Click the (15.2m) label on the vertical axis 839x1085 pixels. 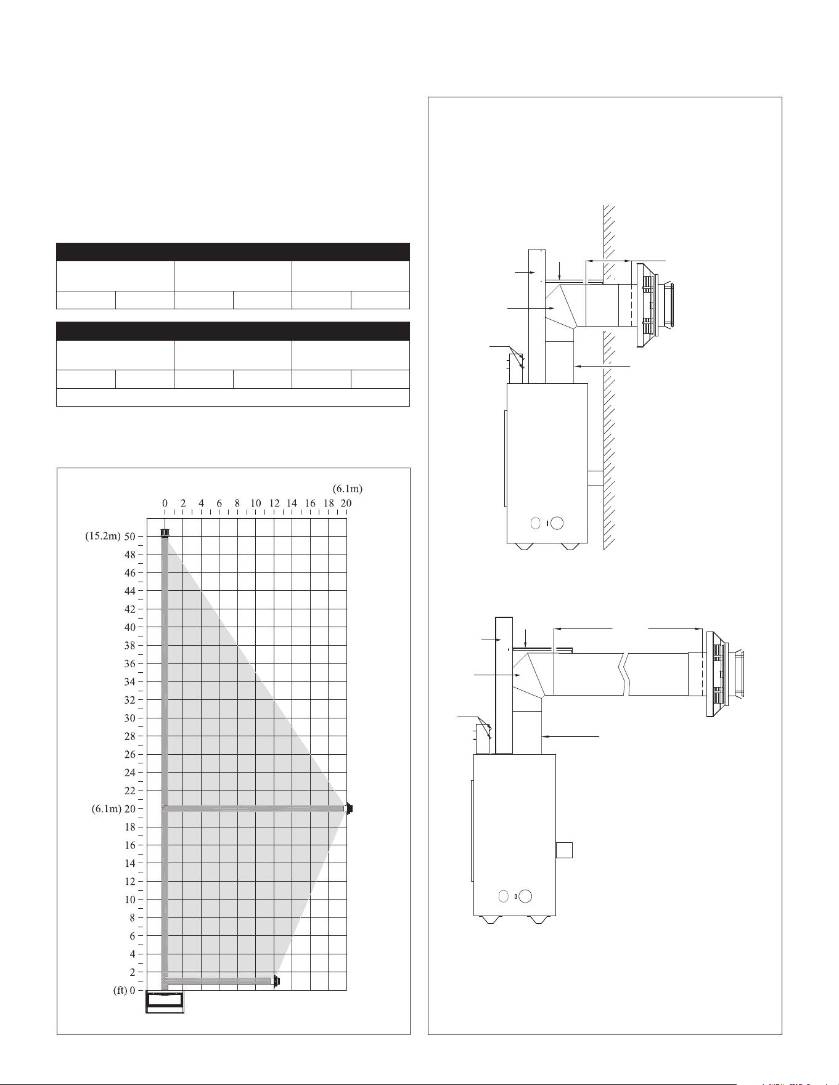(x=102, y=536)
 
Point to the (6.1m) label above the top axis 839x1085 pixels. (x=348, y=489)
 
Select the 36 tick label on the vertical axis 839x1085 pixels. (x=130, y=664)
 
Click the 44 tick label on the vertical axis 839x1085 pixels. (x=130, y=591)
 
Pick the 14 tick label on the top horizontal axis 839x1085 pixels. (x=292, y=503)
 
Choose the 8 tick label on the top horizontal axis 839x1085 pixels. (x=237, y=503)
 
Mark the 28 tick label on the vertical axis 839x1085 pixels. (x=130, y=736)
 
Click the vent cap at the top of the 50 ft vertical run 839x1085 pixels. (x=165, y=532)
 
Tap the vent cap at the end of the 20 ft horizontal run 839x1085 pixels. (x=350, y=808)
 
